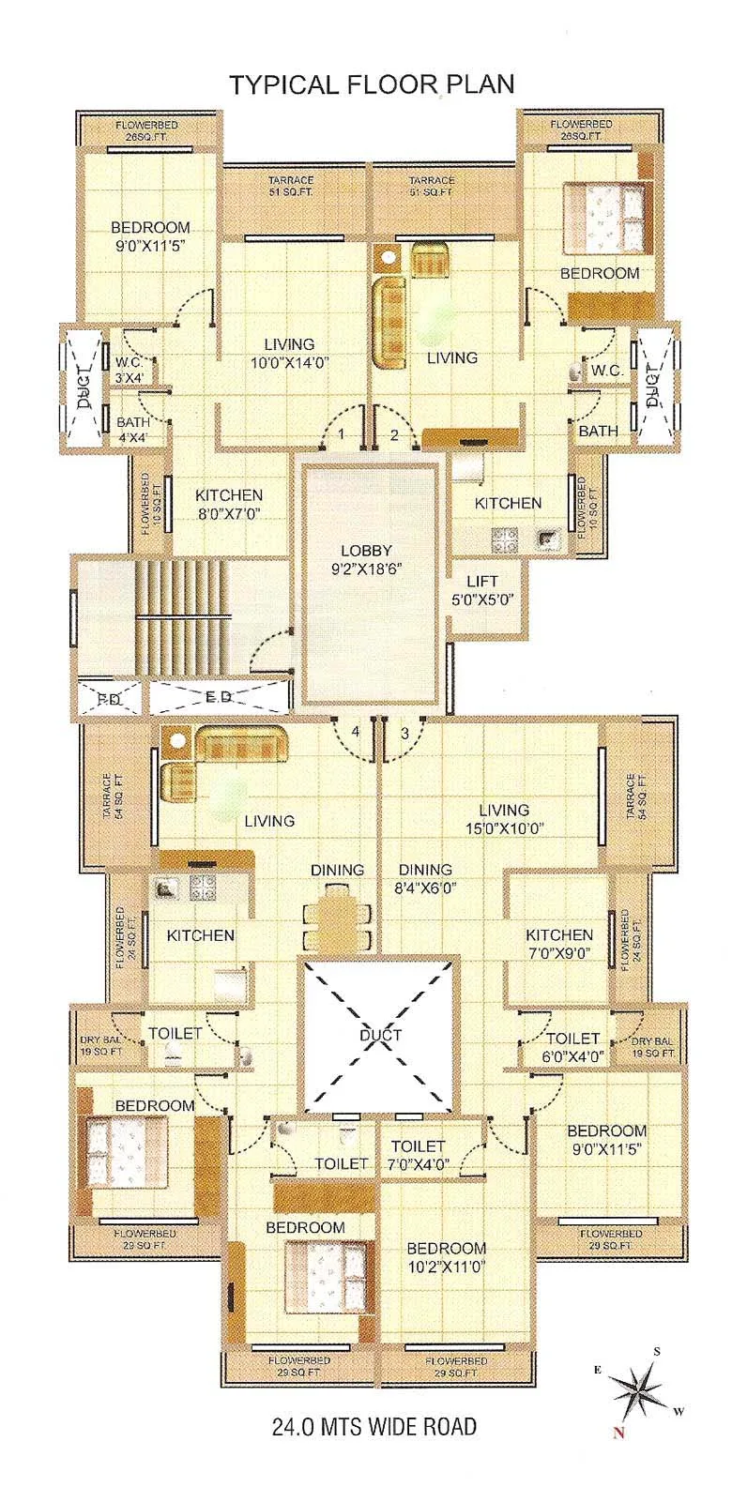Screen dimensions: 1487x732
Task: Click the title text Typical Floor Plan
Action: pyautogui.click(x=372, y=84)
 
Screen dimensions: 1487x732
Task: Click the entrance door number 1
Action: pyautogui.click(x=343, y=433)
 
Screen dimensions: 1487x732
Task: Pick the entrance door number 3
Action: pyautogui.click(x=404, y=733)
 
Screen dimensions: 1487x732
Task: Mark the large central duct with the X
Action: pyautogui.click(x=379, y=1035)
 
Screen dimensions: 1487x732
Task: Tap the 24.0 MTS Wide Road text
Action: pyautogui.click(x=374, y=1427)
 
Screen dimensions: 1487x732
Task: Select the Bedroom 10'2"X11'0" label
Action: pyautogui.click(x=446, y=1257)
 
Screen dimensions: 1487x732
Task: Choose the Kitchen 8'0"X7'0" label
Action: pyautogui.click(x=228, y=504)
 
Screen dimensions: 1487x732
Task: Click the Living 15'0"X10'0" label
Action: pyautogui.click(x=503, y=819)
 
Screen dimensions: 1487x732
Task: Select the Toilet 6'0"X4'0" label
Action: pyautogui.click(x=572, y=1047)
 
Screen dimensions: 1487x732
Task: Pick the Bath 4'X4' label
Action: pyautogui.click(x=132, y=430)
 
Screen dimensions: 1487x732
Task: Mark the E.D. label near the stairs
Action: pyautogui.click(x=219, y=697)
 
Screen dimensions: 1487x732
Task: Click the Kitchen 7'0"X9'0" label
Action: pyautogui.click(x=558, y=943)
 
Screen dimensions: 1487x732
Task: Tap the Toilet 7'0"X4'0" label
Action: pyautogui.click(x=418, y=1155)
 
